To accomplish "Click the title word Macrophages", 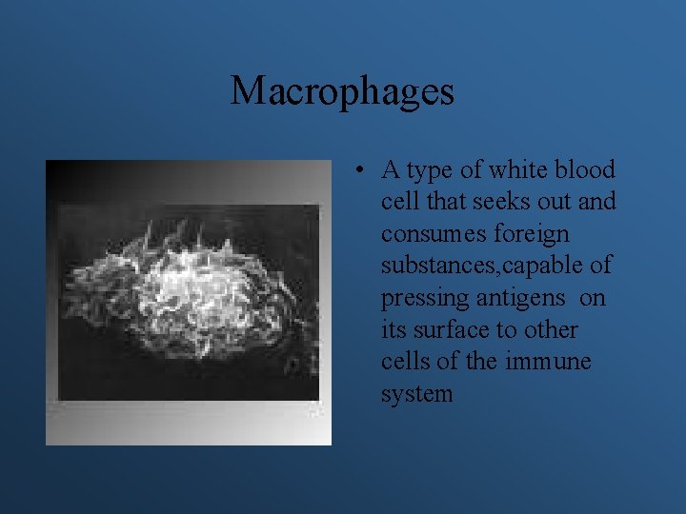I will coord(342,91).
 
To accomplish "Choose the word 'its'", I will coord(393,330).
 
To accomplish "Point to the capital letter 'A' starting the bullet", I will coord(390,170).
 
